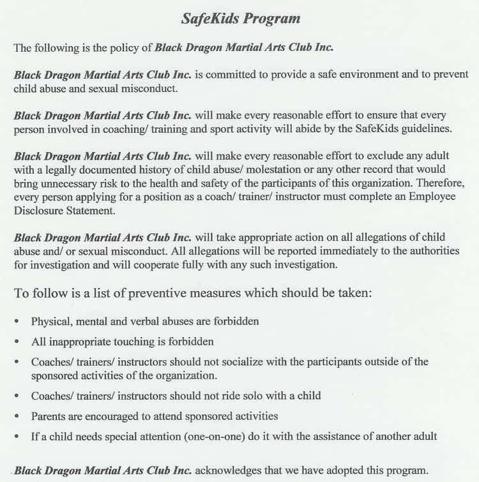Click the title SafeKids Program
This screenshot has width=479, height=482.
[240, 19]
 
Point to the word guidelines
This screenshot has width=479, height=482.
[422, 128]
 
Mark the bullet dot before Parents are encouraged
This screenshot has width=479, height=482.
[17, 417]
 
